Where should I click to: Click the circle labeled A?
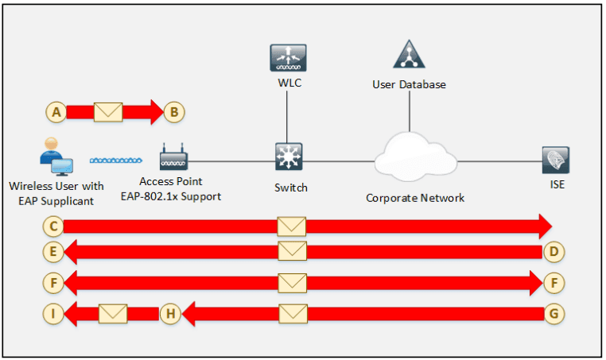coord(56,112)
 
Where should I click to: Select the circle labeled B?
coord(174,112)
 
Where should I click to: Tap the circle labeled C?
coord(53,226)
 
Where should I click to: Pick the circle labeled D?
coord(554,252)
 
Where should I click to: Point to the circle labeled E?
coord(53,252)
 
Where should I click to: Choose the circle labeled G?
coord(554,314)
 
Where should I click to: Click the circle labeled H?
coord(170,314)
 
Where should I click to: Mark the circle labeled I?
coord(53,314)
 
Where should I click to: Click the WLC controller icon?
coord(288,58)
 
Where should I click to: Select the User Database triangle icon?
coord(409,54)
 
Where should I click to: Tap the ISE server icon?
coord(555,160)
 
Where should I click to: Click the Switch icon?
coord(289,157)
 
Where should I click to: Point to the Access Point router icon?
coord(173,157)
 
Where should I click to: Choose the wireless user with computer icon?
coord(56,157)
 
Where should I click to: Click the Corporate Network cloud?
coord(415,157)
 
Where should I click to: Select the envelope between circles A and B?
coord(108,112)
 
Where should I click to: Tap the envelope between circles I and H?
coord(113,314)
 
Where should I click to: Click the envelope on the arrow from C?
coord(292,226)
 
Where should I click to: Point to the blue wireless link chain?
coord(116,161)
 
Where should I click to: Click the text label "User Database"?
coord(409,84)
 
